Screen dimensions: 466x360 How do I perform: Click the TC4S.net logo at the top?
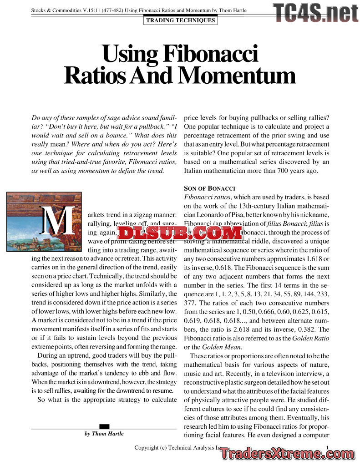pos(316,12)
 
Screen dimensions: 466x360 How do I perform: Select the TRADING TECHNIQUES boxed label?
pos(180,20)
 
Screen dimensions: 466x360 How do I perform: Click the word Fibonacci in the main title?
pos(210,54)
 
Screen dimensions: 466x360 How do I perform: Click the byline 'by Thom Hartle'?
pos(104,434)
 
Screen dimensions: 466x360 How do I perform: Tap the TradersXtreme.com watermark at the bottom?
pos(285,453)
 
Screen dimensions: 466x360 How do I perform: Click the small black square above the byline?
pos(104,426)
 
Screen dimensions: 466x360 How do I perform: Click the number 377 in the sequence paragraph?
pos(191,303)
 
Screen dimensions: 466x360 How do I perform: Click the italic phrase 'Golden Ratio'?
pos(310,338)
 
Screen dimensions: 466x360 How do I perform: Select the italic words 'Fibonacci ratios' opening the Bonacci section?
pos(207,197)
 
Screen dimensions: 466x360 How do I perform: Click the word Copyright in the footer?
pos(147,448)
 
